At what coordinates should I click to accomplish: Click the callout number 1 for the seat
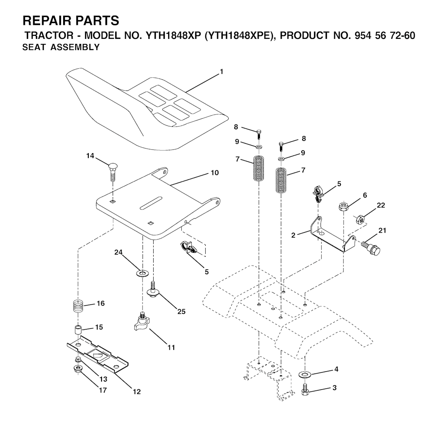tap(221, 72)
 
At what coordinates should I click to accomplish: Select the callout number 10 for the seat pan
tap(215, 173)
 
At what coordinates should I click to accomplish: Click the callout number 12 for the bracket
tap(137, 391)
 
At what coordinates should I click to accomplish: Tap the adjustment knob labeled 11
tap(141, 324)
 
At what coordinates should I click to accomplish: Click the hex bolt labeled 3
tap(305, 390)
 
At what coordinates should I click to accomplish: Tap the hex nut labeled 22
tap(361, 220)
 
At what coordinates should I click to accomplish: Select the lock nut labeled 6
tap(344, 207)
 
